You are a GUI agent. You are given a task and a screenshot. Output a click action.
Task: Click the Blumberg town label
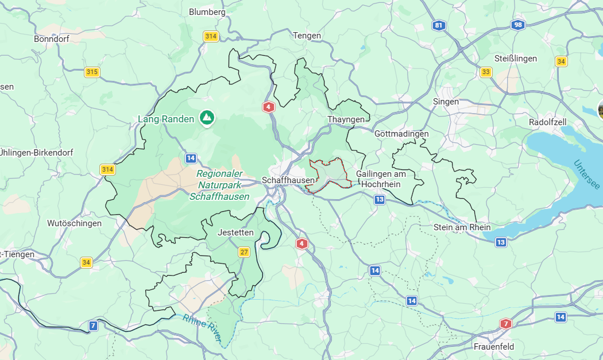tap(207, 11)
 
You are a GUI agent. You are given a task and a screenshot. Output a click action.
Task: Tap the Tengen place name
tap(307, 36)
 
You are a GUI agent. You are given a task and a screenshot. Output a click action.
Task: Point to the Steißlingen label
tap(515, 59)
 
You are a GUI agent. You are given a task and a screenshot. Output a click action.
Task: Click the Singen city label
tap(446, 102)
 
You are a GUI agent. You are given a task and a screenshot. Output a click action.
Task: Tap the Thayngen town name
tap(346, 119)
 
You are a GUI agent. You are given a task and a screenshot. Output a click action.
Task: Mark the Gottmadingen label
tap(401, 134)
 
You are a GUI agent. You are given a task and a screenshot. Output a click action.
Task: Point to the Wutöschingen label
tap(74, 223)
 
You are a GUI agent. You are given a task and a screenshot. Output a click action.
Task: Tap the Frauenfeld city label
tap(494, 347)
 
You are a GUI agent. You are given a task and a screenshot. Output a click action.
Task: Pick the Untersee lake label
tap(586, 175)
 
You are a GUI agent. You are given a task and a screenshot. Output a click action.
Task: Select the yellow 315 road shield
tap(92, 72)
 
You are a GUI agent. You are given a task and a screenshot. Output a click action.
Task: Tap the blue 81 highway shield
tap(439, 25)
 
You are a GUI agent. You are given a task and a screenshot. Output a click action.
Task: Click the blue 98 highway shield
tap(519, 25)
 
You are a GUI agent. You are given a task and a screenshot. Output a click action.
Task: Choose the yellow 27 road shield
tap(245, 252)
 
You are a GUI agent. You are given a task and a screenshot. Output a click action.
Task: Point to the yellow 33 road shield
tap(486, 72)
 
